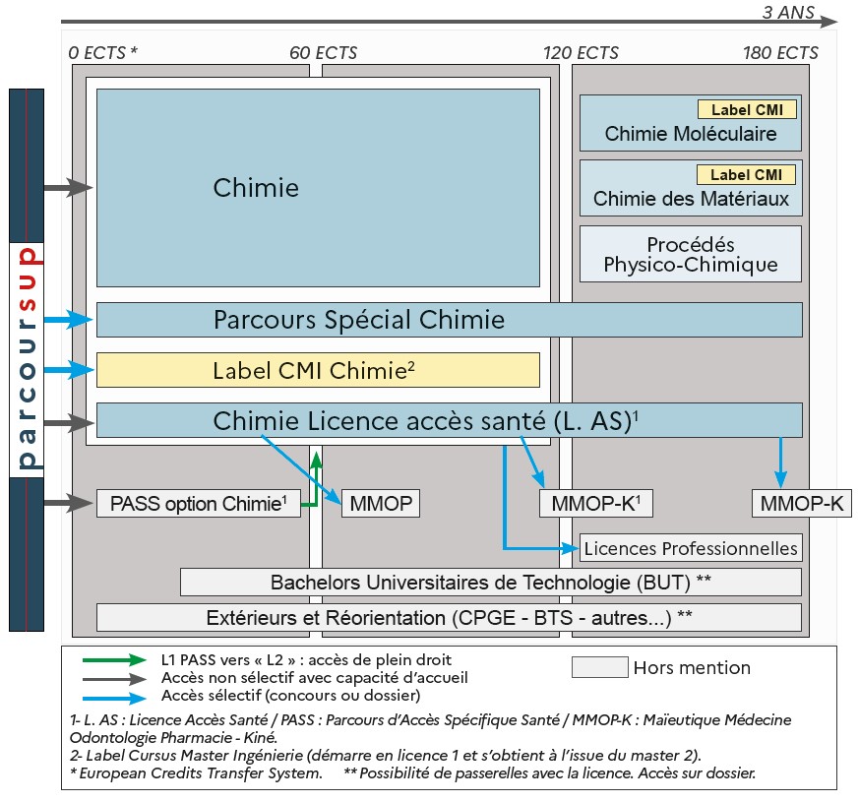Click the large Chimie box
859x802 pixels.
coord(318,187)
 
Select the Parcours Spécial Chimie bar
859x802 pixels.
coord(449,320)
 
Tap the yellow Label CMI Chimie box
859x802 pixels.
coord(318,370)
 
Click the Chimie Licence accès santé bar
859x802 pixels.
coord(449,420)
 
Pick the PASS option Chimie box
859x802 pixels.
coord(198,504)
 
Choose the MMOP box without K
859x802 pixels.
coord(380,504)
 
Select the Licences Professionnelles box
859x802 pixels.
coord(691,548)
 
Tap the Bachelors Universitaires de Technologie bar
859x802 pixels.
coord(490,582)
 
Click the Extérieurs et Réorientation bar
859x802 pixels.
coord(449,618)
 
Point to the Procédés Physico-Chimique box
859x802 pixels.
coord(691,254)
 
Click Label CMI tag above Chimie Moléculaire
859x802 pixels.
coord(747,110)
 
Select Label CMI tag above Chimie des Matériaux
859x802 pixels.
coord(746,175)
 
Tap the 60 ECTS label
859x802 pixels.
coord(324,52)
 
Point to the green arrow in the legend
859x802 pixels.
coord(115,660)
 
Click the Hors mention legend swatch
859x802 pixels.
coord(599,668)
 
